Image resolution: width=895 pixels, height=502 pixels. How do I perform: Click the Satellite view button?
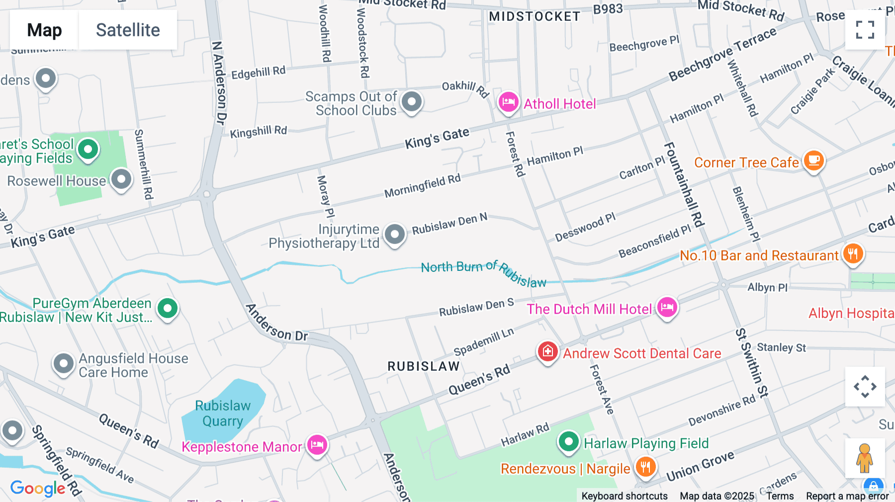[128, 30]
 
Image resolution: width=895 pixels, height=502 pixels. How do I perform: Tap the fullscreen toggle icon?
[865, 30]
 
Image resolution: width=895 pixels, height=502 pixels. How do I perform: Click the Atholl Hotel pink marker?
[508, 102]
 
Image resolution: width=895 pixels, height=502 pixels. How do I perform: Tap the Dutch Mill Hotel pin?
[667, 307]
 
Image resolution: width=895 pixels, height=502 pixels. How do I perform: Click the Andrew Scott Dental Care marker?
[547, 351]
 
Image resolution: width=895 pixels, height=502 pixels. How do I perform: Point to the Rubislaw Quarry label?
[222, 414]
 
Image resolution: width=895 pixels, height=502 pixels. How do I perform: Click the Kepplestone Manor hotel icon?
[317, 444]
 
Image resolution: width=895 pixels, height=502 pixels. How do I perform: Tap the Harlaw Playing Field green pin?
[568, 441]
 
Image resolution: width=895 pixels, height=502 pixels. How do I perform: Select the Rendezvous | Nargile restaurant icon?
[645, 467]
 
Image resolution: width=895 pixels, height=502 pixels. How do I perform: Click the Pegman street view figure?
[865, 458]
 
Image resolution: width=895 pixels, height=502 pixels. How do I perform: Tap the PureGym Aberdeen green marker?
[168, 309]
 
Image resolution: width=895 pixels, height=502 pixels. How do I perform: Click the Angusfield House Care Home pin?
[64, 364]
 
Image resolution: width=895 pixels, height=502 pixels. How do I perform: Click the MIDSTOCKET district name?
[535, 17]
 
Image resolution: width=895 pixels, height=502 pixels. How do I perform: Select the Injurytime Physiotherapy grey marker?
[395, 234]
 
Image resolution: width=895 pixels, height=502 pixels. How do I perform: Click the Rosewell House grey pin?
[121, 179]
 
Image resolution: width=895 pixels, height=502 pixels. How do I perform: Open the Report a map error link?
[847, 496]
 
